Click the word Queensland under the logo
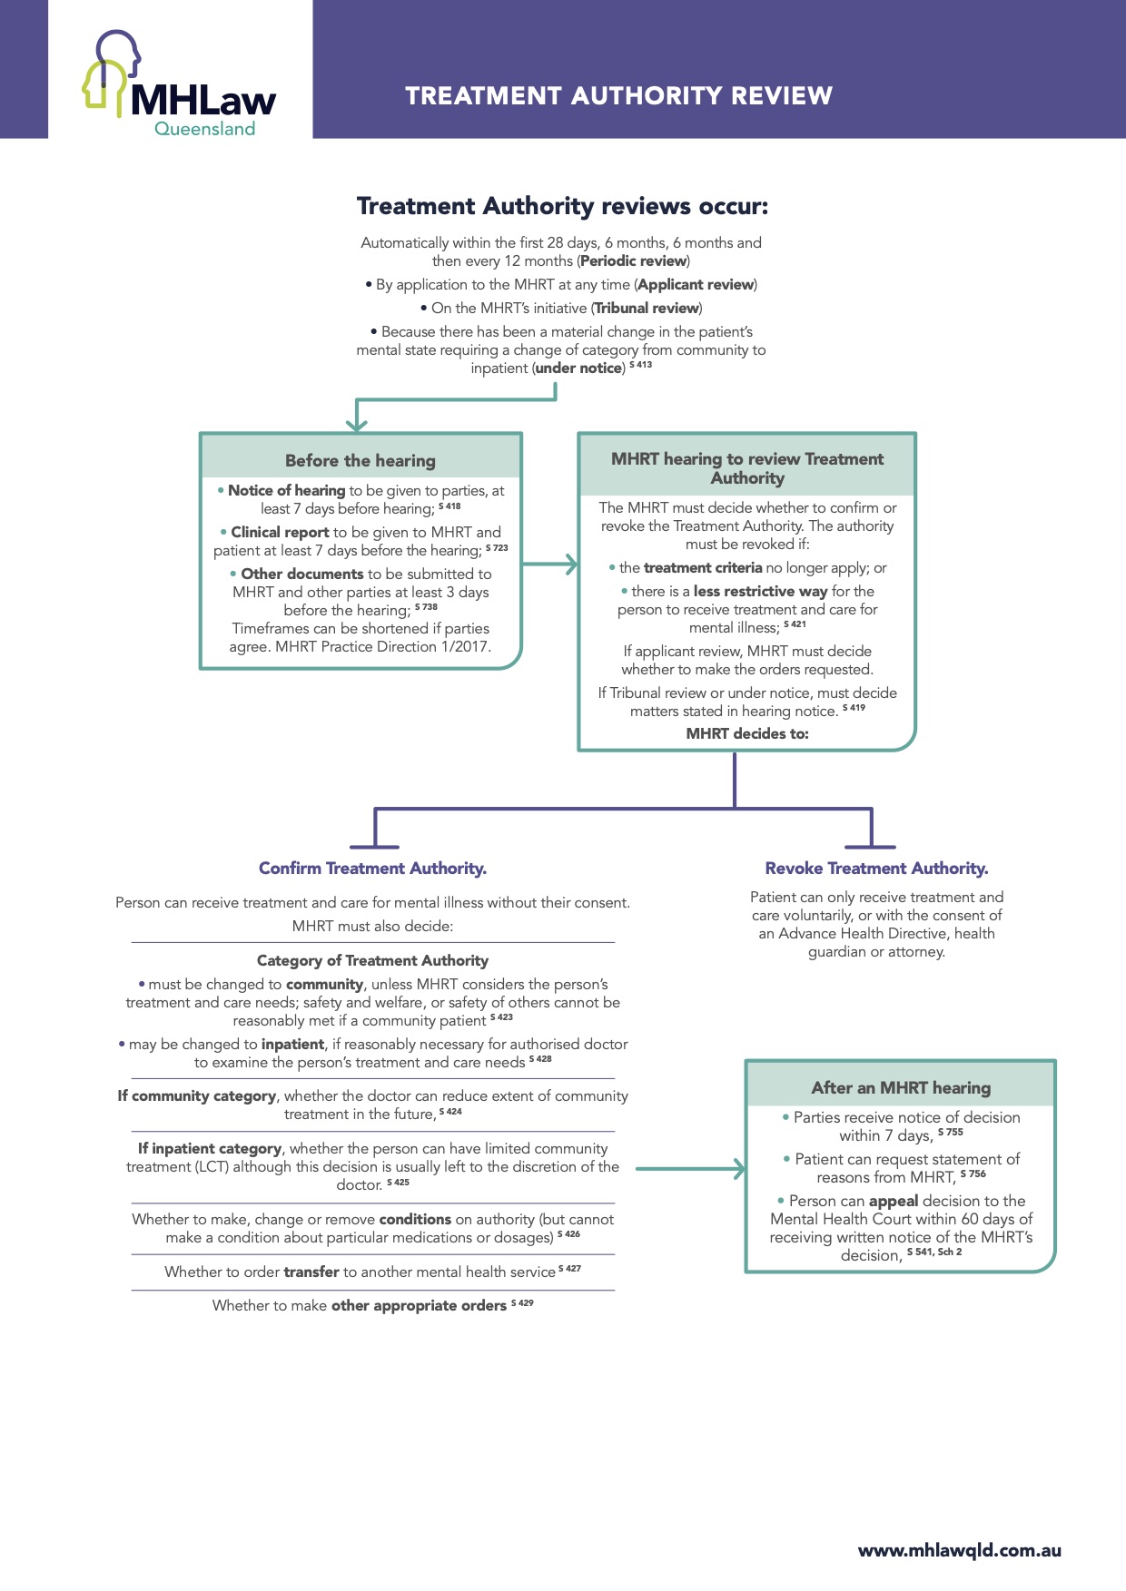coord(204,129)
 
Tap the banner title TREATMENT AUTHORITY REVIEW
coord(618,96)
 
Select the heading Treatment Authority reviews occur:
coord(562,206)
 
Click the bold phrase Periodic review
coord(634,261)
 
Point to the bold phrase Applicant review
coord(696,285)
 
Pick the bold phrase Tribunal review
coord(647,309)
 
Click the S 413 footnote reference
coord(640,365)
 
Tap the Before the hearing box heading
coord(361,460)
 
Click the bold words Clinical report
coord(280,533)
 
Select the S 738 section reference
coord(426,607)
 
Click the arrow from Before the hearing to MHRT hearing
coord(550,565)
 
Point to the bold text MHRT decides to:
coord(747,733)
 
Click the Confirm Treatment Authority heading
coord(372,869)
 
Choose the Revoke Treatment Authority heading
coord(876,869)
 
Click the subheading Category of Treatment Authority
coord(372,960)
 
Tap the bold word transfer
coord(311,1272)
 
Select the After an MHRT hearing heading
coord(901,1087)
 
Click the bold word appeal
coord(894,1201)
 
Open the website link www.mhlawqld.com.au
coord(959,1550)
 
